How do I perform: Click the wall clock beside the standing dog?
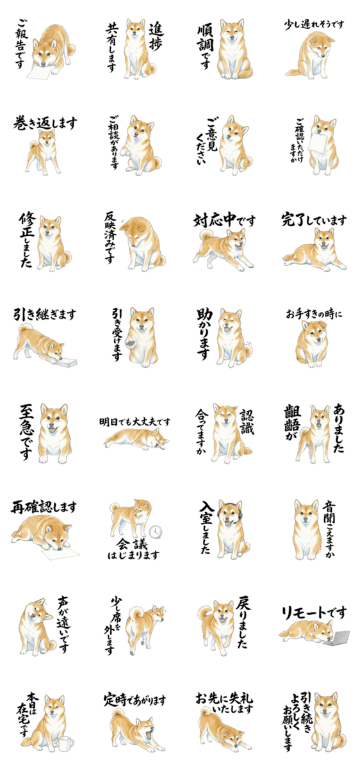tap(156, 531)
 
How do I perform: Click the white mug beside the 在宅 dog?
tap(65, 722)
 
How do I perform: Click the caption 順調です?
tap(205, 46)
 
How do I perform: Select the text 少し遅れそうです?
tap(314, 25)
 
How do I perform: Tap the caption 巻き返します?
tap(45, 123)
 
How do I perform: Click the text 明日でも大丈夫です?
tap(135, 422)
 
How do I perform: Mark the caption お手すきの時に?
tap(314, 315)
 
